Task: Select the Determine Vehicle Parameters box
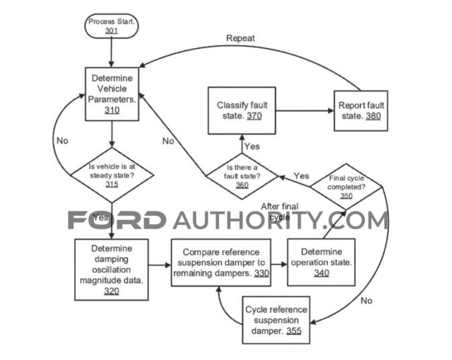pyautogui.click(x=112, y=94)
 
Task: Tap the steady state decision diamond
pyautogui.click(x=112, y=174)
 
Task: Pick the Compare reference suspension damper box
pyautogui.click(x=220, y=262)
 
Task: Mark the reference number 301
pyautogui.click(x=112, y=31)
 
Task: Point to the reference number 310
pyautogui.click(x=112, y=110)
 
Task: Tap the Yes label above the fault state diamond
pyautogui.click(x=251, y=146)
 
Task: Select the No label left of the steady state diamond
pyautogui.click(x=62, y=143)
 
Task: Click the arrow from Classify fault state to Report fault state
pyautogui.click(x=304, y=110)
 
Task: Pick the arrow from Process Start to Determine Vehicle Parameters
pyautogui.click(x=112, y=52)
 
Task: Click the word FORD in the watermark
pyautogui.click(x=116, y=220)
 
